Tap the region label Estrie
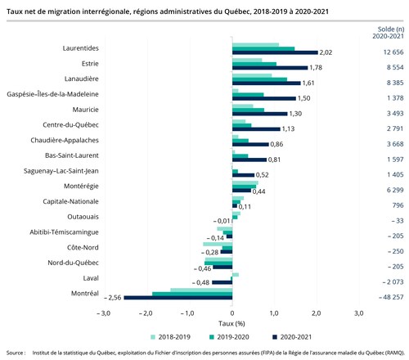coord(91,63)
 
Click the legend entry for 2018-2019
coord(175,335)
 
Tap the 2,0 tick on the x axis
coord(317,313)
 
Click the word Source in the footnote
coord(13,353)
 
